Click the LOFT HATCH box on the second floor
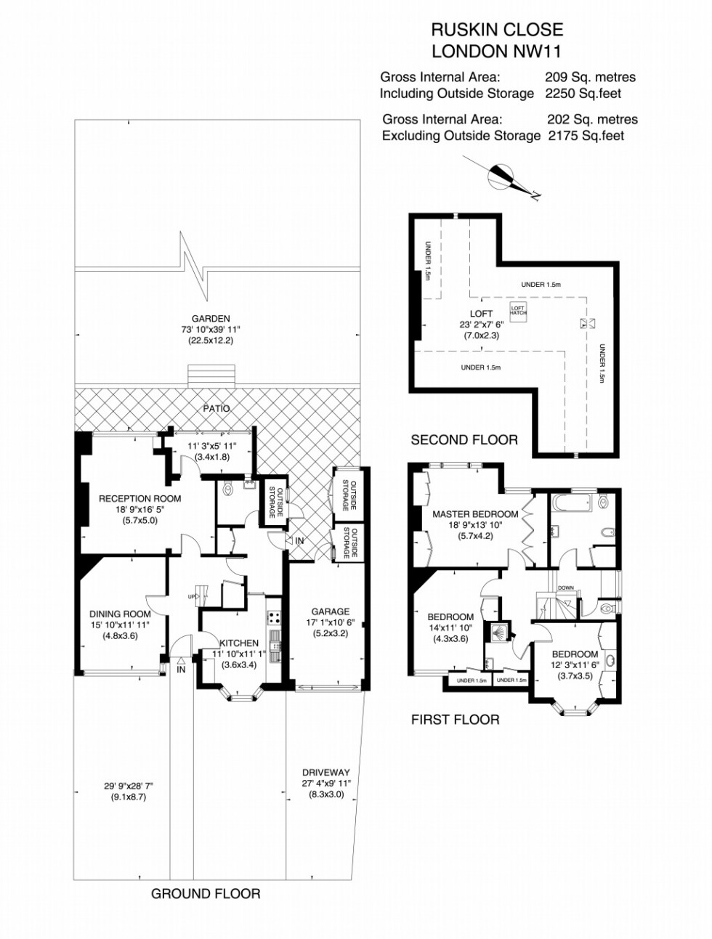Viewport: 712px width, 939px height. [x=518, y=309]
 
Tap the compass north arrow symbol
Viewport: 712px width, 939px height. [x=504, y=177]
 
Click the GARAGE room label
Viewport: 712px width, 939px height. [x=330, y=611]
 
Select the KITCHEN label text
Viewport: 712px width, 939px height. [x=239, y=643]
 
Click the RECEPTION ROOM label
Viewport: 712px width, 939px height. [x=140, y=498]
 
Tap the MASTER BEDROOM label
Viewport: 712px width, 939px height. [x=475, y=513]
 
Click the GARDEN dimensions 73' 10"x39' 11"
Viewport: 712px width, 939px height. [x=211, y=330]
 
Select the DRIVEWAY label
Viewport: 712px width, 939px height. [x=326, y=773]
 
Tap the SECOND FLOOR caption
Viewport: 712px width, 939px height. [x=464, y=440]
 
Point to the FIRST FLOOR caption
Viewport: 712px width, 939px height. [x=456, y=719]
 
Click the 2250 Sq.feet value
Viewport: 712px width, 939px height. [x=583, y=93]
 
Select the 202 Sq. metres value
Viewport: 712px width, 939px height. [x=593, y=119]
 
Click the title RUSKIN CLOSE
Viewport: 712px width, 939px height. [x=497, y=30]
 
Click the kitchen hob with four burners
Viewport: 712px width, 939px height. [x=274, y=617]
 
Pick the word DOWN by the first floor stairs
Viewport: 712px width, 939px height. [x=566, y=588]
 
